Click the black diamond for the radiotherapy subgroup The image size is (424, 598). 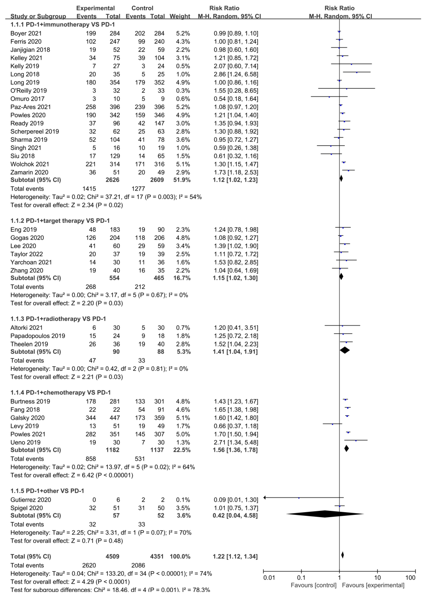pyautogui.click(x=345, y=350)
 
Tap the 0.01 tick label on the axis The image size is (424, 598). pyautogui.click(x=269, y=577)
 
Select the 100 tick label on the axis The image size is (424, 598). pyautogui.click(x=410, y=577)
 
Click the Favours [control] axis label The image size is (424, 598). pyautogui.click(x=313, y=585)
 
